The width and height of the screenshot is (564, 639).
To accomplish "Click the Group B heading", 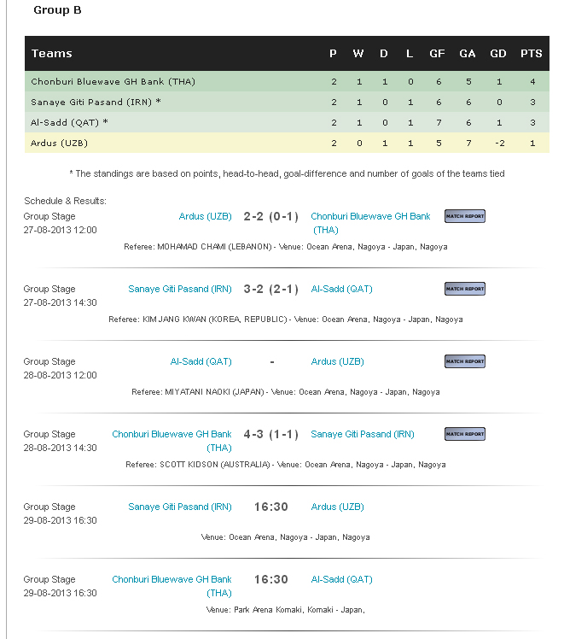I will [x=57, y=10].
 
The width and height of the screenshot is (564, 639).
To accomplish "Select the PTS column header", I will [x=531, y=53].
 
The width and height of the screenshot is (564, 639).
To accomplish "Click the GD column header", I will [x=497, y=53].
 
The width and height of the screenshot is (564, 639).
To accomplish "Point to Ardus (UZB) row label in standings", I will [x=59, y=143].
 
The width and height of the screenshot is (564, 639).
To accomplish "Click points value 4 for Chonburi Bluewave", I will [x=532, y=82].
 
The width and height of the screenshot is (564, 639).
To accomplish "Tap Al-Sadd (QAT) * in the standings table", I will [x=69, y=122].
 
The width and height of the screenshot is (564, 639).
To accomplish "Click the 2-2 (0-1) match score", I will [x=270, y=216].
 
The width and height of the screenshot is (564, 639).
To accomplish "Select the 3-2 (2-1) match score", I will [x=270, y=289].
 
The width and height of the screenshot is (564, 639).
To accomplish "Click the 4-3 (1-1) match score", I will [x=270, y=434].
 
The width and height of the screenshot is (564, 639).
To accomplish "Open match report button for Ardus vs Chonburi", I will [x=465, y=216].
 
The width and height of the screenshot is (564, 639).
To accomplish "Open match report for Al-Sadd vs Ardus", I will [x=465, y=361].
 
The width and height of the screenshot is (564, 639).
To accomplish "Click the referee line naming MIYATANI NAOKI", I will [x=285, y=392].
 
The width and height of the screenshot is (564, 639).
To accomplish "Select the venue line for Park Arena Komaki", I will [x=285, y=610].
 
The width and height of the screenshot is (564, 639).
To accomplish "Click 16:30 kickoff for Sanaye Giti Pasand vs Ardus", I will [x=270, y=507].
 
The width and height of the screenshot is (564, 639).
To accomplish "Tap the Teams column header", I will [x=51, y=53].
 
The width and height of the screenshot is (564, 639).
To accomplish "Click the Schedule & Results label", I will [x=65, y=201].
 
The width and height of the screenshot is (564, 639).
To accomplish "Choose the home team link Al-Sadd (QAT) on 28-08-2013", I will [x=201, y=361].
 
